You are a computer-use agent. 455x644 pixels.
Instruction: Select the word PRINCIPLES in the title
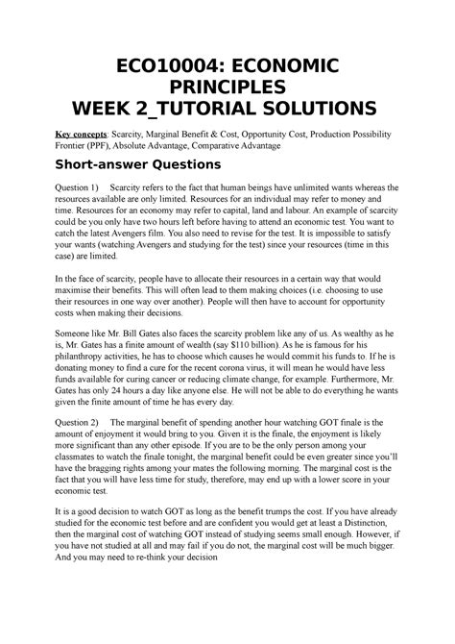227,88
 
